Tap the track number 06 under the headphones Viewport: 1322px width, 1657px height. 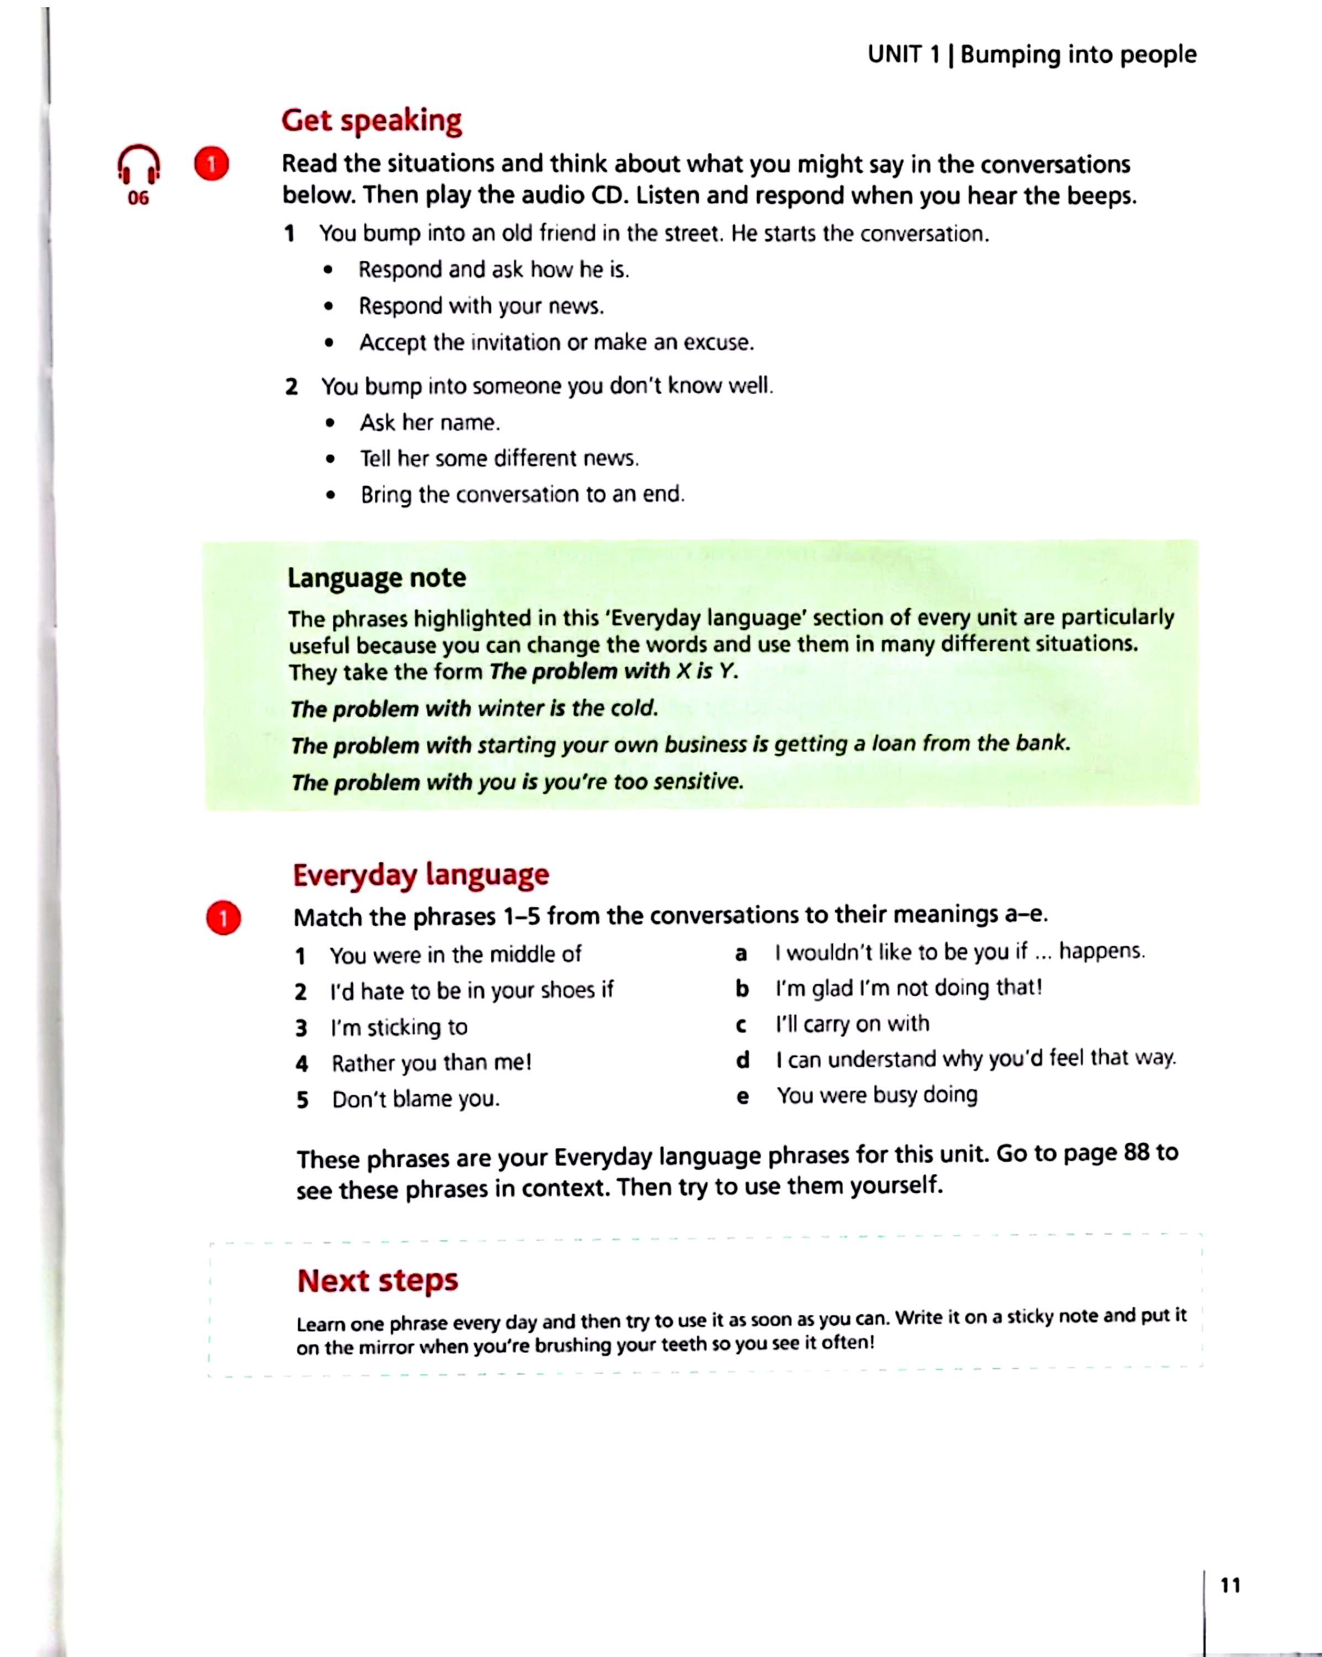[x=138, y=198]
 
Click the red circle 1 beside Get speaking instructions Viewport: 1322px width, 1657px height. [x=211, y=163]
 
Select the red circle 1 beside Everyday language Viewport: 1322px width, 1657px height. [x=224, y=917]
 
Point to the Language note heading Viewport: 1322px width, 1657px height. [x=376, y=577]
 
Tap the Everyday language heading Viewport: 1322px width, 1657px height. [x=421, y=874]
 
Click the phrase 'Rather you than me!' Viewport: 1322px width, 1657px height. [x=431, y=1063]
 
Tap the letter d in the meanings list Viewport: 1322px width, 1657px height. [x=742, y=1060]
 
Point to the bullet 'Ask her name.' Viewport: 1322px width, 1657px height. [x=429, y=423]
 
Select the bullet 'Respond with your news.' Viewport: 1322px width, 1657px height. [x=481, y=306]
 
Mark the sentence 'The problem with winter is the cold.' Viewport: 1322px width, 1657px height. [x=474, y=708]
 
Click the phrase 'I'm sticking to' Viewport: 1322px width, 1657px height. [x=399, y=1027]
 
